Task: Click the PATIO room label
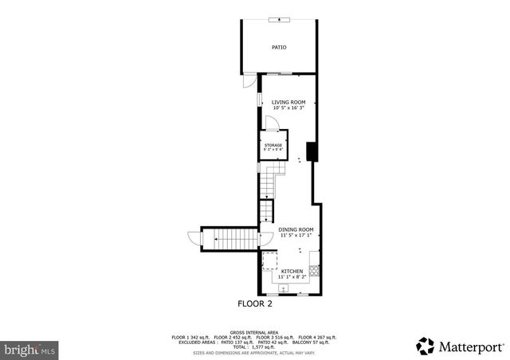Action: pos(279,48)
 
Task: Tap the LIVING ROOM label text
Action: pos(288,102)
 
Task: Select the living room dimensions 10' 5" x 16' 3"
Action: pos(288,108)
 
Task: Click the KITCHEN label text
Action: pos(292,272)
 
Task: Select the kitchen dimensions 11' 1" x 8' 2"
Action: pos(292,277)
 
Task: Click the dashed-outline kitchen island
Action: pos(269,261)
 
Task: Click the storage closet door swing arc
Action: pos(272,121)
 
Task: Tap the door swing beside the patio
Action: pos(249,82)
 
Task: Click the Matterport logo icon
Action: pos(426,346)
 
